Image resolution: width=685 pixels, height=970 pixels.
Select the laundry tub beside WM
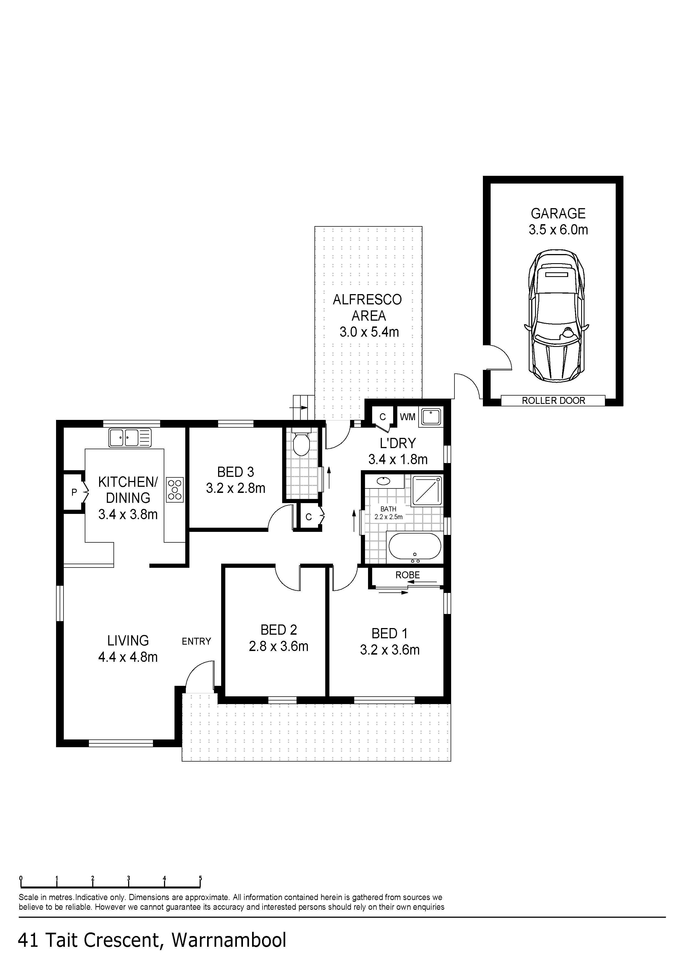point(431,417)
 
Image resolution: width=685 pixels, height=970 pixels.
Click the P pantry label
point(74,492)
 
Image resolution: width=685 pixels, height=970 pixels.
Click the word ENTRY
point(196,641)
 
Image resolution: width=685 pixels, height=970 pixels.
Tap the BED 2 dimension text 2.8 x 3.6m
point(279,646)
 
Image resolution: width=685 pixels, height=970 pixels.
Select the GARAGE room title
point(558,213)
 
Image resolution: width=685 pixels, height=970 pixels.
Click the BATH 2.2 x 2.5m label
point(388,513)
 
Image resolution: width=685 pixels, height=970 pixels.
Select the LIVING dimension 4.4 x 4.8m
point(128,657)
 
